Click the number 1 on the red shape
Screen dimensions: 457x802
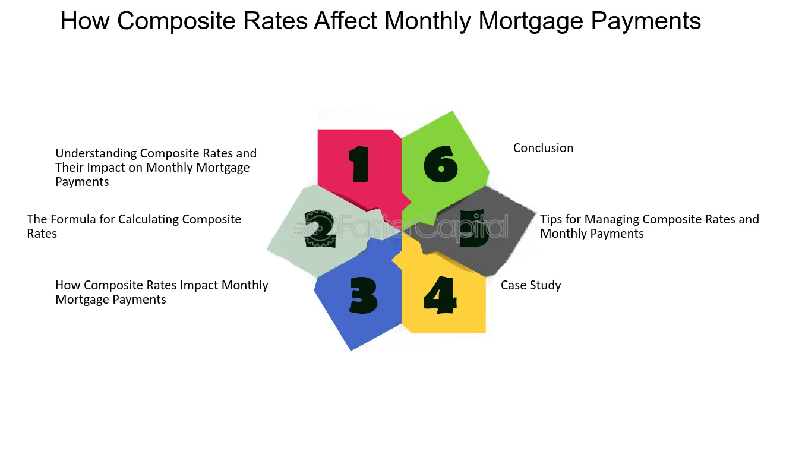tap(359, 164)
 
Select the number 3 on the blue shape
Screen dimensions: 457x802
tap(363, 295)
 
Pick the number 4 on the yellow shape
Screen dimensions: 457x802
tap(440, 295)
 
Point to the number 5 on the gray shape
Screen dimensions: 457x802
tap(473, 229)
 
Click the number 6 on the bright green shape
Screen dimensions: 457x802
tap(441, 164)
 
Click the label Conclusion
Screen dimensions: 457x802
tap(543, 148)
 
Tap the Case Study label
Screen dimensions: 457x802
tap(531, 285)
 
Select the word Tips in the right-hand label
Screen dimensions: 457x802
tap(551, 219)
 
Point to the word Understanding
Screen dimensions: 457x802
tap(96, 153)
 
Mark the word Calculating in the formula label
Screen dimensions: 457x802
tap(149, 219)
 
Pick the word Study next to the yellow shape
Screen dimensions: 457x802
tap(547, 285)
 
